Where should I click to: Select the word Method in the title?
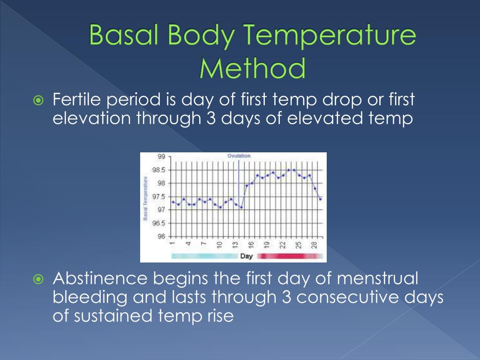click(252, 68)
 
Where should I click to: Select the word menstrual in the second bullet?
click(377, 279)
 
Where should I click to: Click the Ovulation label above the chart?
click(239, 156)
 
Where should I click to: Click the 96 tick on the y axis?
click(161, 237)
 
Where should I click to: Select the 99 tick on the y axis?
click(161, 157)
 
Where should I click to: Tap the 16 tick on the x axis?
click(251, 244)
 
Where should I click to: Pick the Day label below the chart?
click(246, 256)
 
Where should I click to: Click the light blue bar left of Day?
click(204, 256)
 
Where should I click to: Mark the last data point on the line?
click(320, 199)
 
